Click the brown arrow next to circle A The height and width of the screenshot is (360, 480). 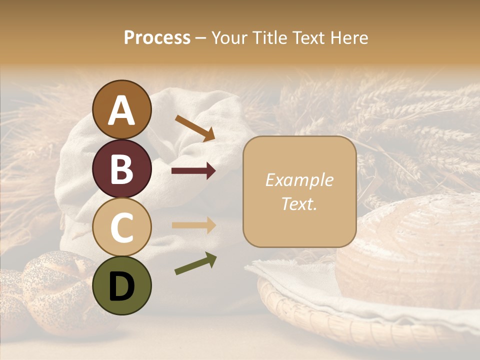pos(194,128)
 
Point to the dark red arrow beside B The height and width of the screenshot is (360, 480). pos(193,171)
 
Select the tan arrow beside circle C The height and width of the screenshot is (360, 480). pos(193,225)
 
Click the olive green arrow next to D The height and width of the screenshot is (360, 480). pos(195,263)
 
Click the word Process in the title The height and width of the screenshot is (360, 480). pos(157,37)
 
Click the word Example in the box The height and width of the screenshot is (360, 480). pos(299,180)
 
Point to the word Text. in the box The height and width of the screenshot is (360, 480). pos(299,203)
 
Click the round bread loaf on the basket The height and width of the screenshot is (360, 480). pos(410,250)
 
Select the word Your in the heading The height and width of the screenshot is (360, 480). pos(228,37)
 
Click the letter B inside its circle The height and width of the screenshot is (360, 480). pos(121,168)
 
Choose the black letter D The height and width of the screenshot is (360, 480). pos(121,286)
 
